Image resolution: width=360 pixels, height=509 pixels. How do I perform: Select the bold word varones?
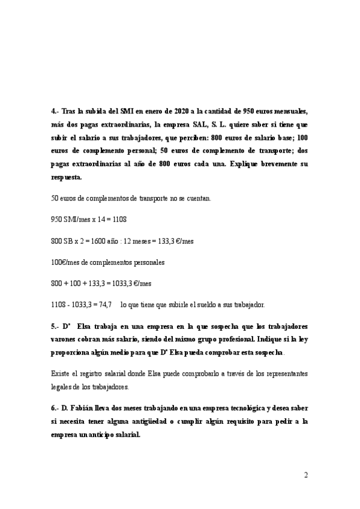coord(67,339)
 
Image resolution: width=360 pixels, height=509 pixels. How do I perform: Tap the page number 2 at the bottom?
coord(306,475)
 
